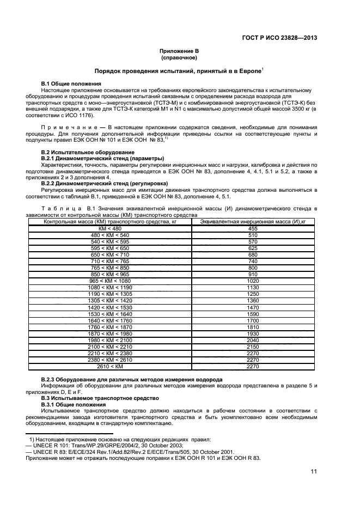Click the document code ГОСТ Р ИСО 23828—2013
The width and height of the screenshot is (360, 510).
pos(279,38)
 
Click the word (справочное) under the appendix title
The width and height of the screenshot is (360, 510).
pos(179,57)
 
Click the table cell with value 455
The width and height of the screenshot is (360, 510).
pos(252,228)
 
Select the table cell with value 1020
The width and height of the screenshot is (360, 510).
pos(252,280)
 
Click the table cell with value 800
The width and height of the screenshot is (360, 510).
pos(252,267)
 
